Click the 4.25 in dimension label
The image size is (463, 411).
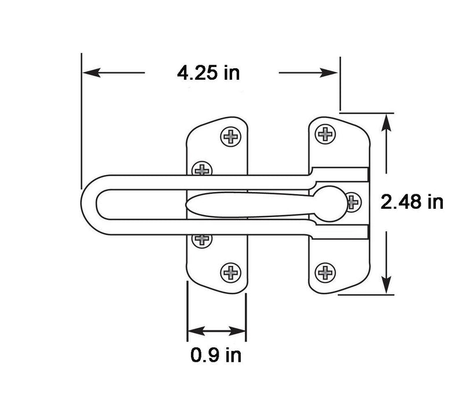tap(208, 73)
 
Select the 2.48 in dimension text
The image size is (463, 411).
tap(412, 202)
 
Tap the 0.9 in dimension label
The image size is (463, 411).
tap(216, 355)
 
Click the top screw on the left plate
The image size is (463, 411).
tap(230, 136)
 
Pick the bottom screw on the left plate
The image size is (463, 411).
tap(230, 273)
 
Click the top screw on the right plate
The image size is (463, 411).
tap(325, 134)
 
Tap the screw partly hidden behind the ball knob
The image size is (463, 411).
tap(352, 202)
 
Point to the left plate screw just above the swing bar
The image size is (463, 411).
tap(202, 169)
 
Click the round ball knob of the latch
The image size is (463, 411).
tap(330, 203)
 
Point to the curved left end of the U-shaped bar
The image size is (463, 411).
tap(89, 205)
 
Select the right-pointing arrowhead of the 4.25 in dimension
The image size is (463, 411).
tap(328, 72)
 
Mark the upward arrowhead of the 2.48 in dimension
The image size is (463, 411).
tap(387, 123)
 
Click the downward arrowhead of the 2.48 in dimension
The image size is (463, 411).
tap(387, 284)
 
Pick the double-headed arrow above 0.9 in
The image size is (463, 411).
tap(216, 331)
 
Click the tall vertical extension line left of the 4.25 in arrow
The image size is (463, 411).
tap(81, 121)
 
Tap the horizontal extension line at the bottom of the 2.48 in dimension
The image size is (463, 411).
tap(366, 294)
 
